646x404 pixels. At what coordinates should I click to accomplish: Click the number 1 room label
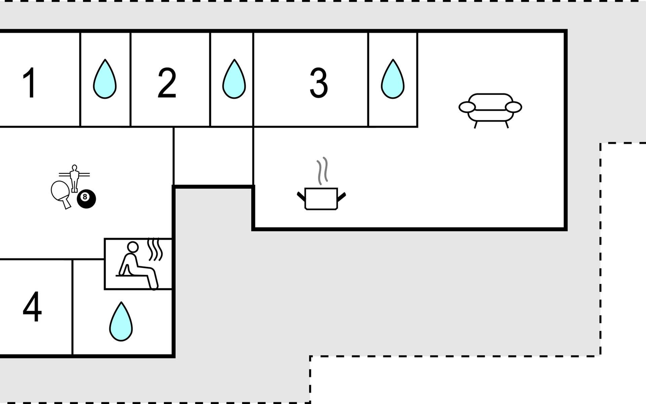(x=30, y=83)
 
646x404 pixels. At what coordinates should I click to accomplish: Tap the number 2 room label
(x=167, y=83)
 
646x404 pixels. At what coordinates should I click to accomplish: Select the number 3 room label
(x=318, y=83)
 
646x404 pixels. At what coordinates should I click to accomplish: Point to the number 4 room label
(x=32, y=307)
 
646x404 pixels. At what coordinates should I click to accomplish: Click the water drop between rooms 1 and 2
(x=105, y=79)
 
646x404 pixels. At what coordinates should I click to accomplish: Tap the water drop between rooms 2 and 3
(x=234, y=79)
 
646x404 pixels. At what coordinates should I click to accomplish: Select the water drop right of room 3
(x=393, y=79)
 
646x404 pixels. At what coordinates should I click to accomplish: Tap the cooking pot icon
(x=321, y=199)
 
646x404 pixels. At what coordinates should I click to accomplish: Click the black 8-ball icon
(x=86, y=199)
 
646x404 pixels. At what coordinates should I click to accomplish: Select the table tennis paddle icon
(x=61, y=194)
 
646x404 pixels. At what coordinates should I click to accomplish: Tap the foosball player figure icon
(x=74, y=177)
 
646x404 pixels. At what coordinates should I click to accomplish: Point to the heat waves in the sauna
(x=155, y=249)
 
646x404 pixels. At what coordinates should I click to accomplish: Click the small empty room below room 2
(x=213, y=156)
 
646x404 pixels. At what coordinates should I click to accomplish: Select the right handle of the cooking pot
(x=341, y=197)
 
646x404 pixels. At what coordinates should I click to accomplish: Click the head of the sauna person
(x=133, y=247)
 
